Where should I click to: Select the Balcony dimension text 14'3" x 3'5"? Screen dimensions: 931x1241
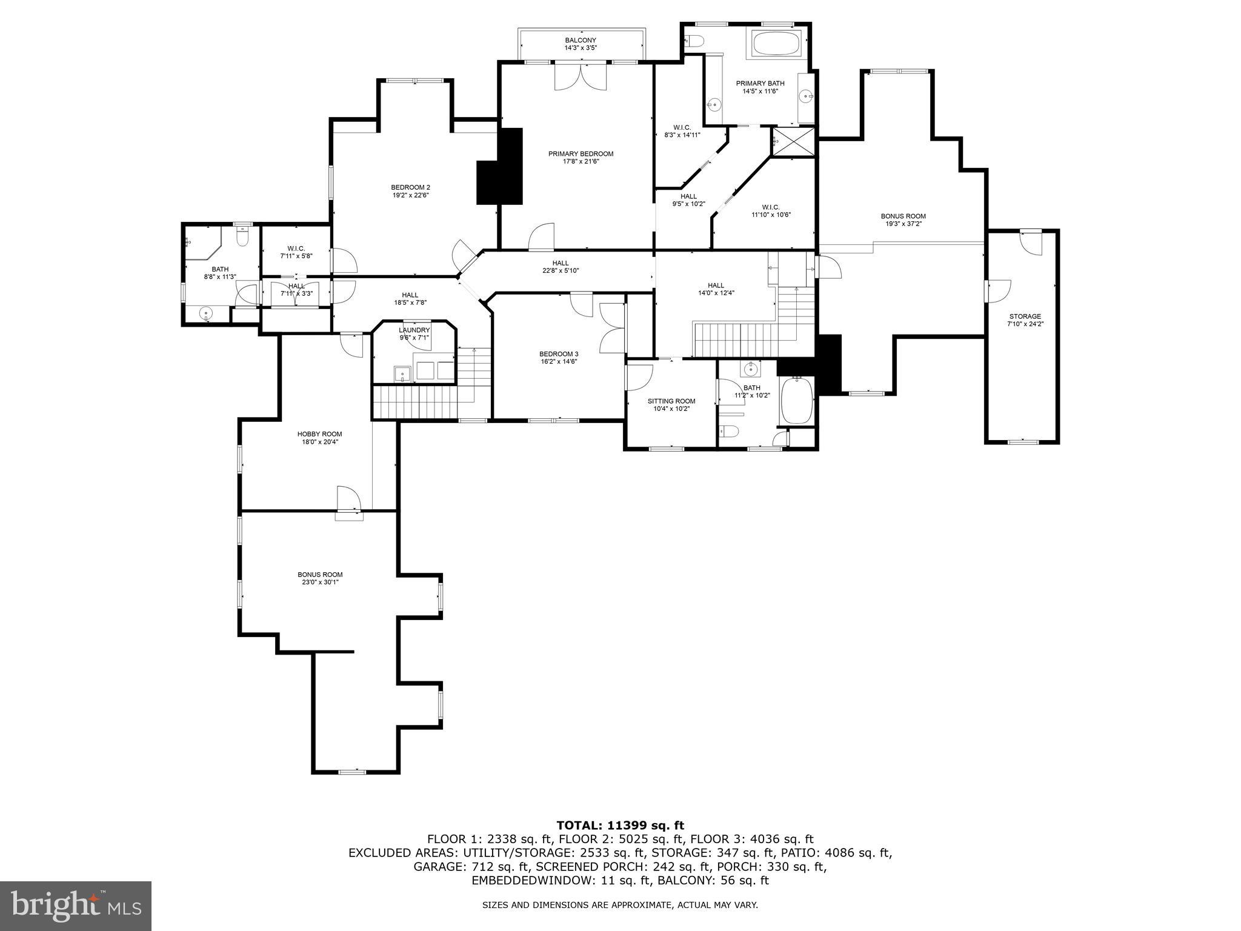point(581,47)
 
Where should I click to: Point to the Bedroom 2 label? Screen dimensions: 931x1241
point(410,187)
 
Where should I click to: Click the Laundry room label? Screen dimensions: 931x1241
point(414,330)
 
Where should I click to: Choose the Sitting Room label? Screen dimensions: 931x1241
point(671,401)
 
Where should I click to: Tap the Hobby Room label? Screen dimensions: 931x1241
point(319,434)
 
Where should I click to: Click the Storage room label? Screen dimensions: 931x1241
point(1025,316)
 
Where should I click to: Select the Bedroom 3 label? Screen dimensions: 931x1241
point(559,354)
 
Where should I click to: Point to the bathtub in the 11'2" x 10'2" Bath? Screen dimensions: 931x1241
point(796,401)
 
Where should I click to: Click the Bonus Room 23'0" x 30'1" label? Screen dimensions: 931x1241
point(320,575)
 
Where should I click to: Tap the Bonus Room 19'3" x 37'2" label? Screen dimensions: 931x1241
point(903,216)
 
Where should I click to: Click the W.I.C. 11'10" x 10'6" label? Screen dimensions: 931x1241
point(771,207)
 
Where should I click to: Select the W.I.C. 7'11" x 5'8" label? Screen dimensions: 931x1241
point(296,249)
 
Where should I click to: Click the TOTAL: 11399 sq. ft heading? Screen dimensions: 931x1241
point(620,825)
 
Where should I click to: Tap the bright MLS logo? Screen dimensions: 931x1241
point(75,906)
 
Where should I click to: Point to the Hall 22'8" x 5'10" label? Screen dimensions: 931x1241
point(560,263)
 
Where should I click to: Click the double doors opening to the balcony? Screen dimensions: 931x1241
point(580,78)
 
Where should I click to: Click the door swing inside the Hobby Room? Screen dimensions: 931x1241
point(349,498)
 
